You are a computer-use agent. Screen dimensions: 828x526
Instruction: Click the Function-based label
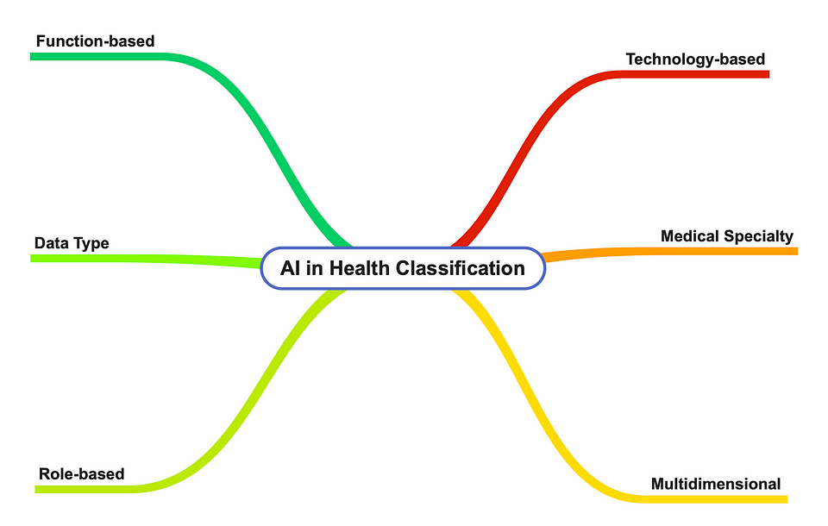(x=95, y=41)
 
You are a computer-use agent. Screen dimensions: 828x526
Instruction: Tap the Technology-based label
(x=695, y=59)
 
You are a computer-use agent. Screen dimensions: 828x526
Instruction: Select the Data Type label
(x=72, y=243)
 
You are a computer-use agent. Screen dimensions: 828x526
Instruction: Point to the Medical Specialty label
(x=726, y=236)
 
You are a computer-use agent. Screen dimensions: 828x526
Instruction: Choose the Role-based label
(x=82, y=473)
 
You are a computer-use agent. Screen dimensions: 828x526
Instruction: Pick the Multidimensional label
(x=716, y=484)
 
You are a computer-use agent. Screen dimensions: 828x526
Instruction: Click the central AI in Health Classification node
(x=403, y=268)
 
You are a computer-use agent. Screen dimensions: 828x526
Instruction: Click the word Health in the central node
(x=359, y=268)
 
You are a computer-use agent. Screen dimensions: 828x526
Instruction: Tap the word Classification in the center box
(x=461, y=268)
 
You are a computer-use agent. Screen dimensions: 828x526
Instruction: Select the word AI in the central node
(x=290, y=268)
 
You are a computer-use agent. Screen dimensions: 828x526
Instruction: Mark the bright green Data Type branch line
(x=147, y=259)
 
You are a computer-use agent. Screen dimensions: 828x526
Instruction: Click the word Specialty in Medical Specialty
(x=758, y=236)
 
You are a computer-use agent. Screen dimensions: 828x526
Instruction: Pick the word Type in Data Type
(x=91, y=243)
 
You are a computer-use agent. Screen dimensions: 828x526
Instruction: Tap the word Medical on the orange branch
(x=690, y=235)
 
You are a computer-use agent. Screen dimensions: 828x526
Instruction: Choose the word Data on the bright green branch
(x=51, y=243)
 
